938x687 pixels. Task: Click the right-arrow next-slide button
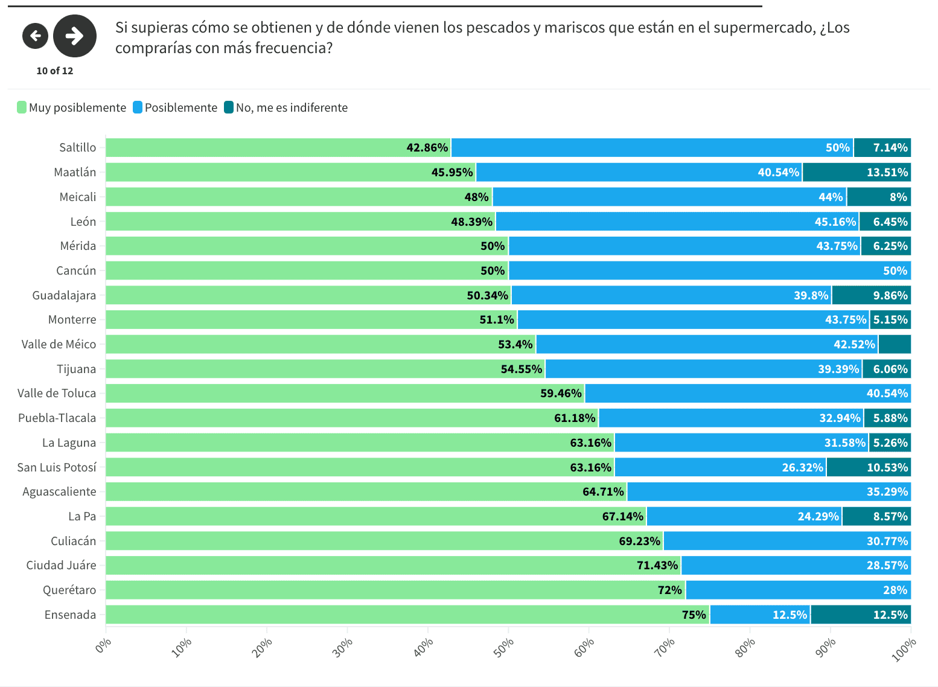tap(75, 36)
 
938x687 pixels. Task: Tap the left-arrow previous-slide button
tap(35, 36)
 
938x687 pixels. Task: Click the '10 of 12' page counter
tap(54, 71)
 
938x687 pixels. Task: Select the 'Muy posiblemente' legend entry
tap(72, 107)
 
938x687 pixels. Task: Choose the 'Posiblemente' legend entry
tap(175, 107)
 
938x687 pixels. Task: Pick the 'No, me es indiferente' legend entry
tap(286, 107)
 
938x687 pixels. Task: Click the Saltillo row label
tap(77, 147)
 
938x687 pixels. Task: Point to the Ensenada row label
tap(70, 615)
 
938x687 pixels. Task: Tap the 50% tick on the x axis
tap(503, 647)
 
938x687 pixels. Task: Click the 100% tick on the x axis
tap(904, 650)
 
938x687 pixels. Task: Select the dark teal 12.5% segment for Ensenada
tap(860, 615)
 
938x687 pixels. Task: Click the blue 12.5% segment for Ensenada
tap(760, 615)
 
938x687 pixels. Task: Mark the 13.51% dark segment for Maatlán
tap(856, 172)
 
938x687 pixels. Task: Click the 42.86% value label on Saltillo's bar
tap(427, 147)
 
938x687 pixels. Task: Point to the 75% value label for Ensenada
tap(694, 615)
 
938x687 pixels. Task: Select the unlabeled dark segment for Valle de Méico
tap(895, 344)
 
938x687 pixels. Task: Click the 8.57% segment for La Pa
tap(876, 516)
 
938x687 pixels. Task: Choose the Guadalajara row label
tap(64, 295)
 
